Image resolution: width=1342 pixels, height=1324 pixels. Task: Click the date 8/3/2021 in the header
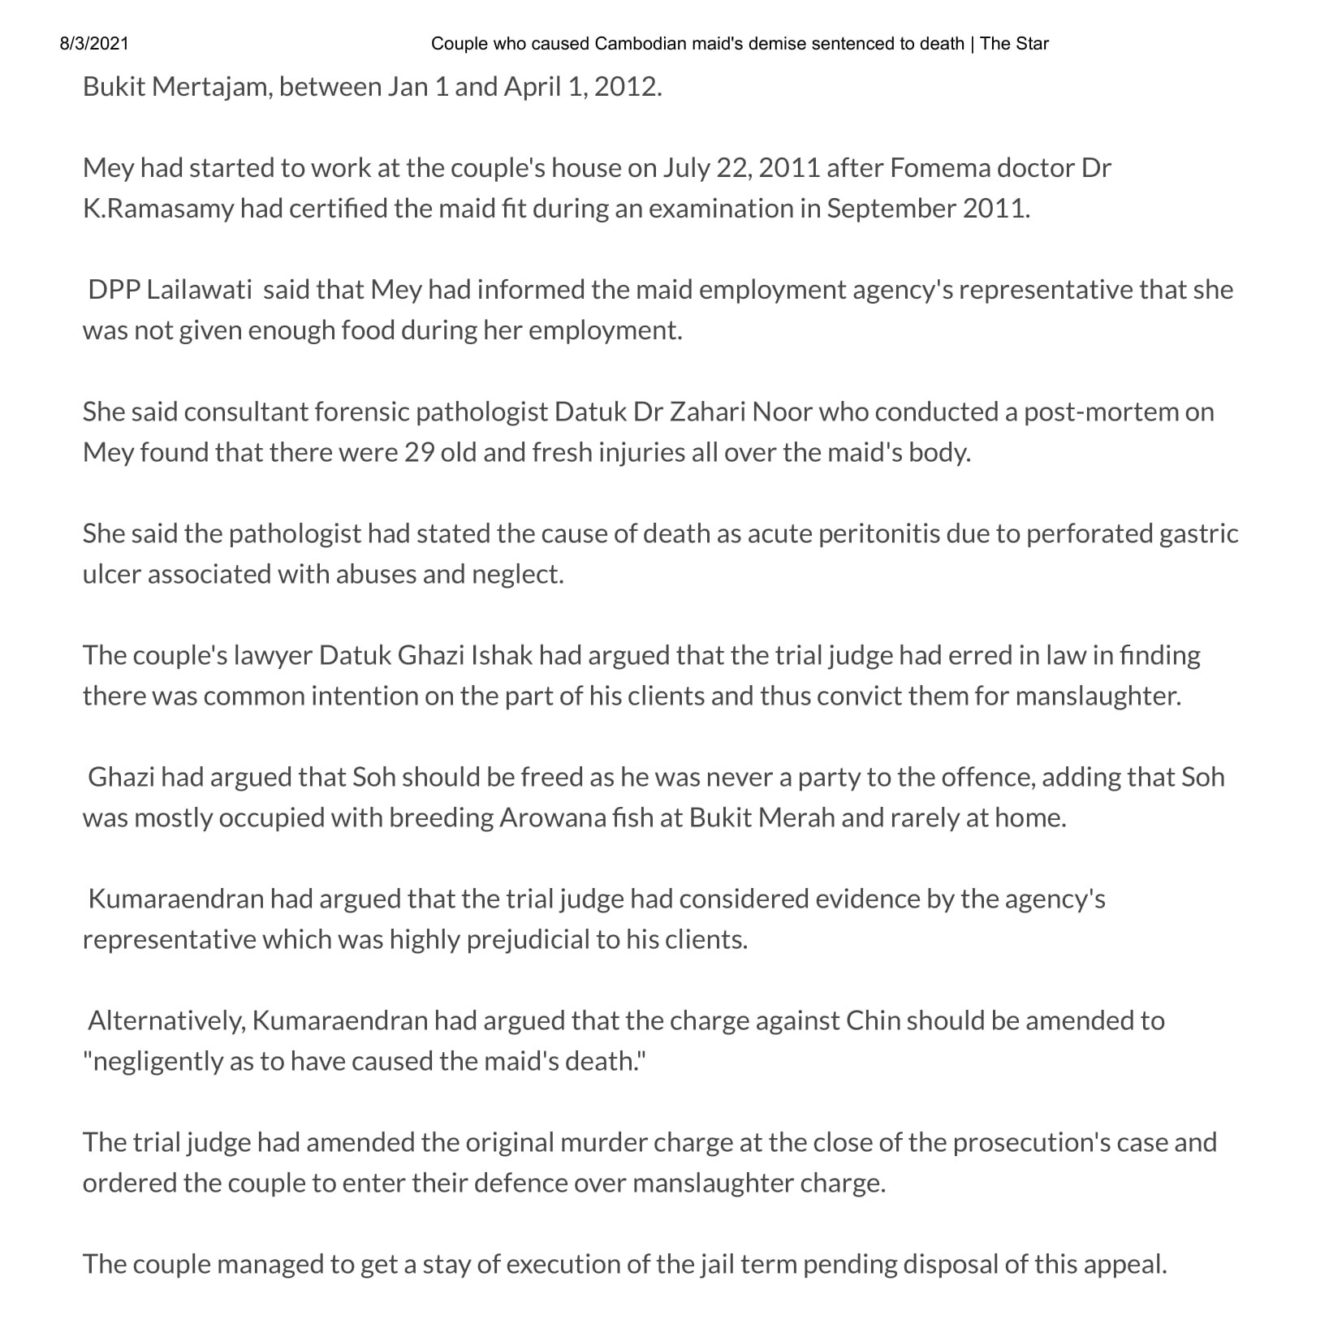(x=94, y=44)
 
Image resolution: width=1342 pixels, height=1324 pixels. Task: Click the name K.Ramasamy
(x=158, y=209)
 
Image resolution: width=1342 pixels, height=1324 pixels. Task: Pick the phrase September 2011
(x=927, y=209)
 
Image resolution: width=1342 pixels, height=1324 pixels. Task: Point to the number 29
(x=420, y=452)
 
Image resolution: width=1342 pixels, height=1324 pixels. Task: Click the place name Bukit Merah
(x=762, y=817)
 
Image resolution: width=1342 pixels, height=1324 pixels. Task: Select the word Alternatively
(x=166, y=1020)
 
